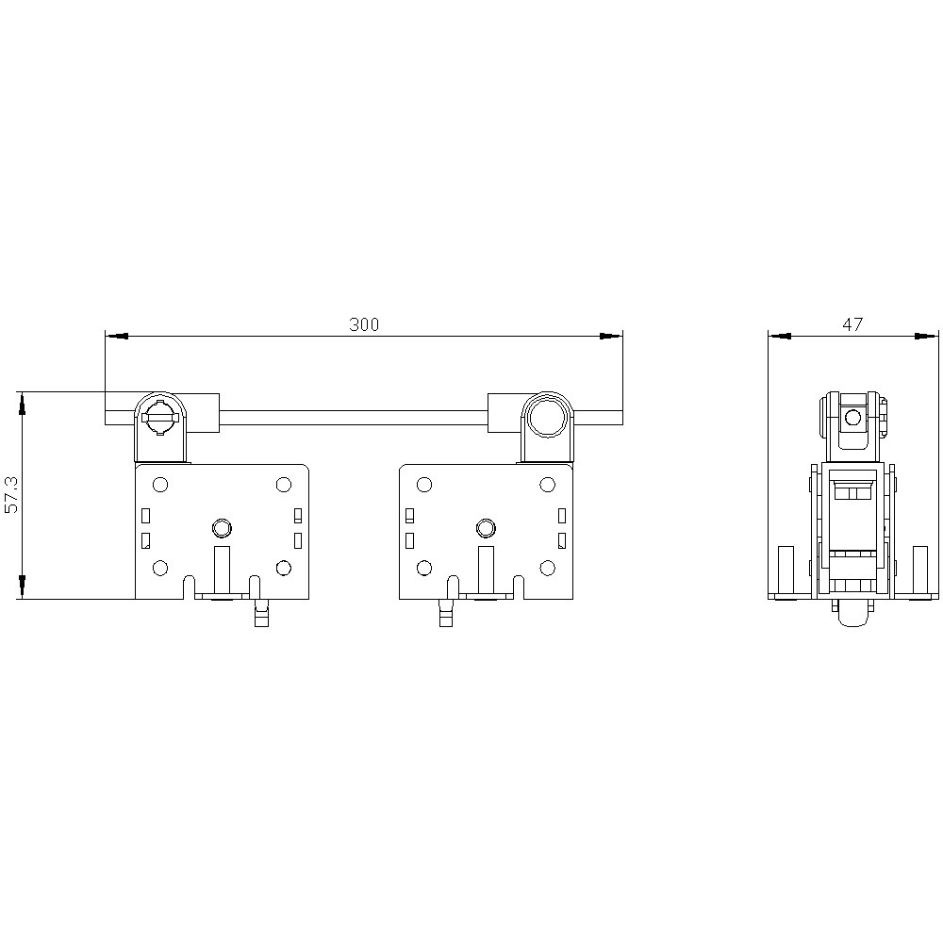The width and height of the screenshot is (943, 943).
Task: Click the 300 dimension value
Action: pos(364,324)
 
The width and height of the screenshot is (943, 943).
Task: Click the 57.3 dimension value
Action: pos(11,495)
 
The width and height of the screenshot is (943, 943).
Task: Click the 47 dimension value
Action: pos(852,324)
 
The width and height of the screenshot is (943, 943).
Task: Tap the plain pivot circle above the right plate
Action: pos(547,416)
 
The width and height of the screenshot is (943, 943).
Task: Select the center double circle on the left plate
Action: pos(222,528)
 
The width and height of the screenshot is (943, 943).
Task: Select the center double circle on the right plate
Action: pos(486,528)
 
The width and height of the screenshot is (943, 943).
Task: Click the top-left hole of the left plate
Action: pos(160,485)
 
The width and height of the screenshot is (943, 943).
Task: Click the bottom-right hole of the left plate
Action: pos(283,568)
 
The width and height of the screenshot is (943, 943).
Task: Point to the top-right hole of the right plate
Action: pos(547,485)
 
